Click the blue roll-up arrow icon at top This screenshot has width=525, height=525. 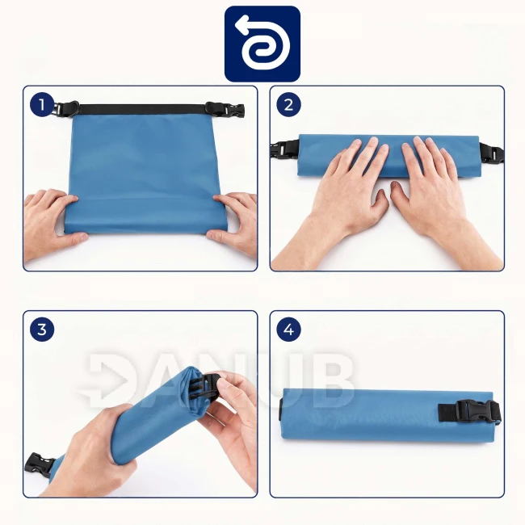pyautogui.click(x=262, y=44)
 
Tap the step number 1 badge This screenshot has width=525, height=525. pyautogui.click(x=42, y=104)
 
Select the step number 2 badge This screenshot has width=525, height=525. pyautogui.click(x=288, y=104)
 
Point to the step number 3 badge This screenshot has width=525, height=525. pyautogui.click(x=42, y=330)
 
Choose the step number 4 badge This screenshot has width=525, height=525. pyautogui.click(x=288, y=330)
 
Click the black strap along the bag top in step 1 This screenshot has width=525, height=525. pyautogui.click(x=142, y=109)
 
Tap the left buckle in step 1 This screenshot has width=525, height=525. pyautogui.click(x=65, y=109)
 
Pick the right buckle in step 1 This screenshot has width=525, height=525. pyautogui.click(x=225, y=109)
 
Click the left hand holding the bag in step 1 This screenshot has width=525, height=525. pyautogui.click(x=53, y=223)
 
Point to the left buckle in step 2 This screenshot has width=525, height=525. pyautogui.click(x=284, y=149)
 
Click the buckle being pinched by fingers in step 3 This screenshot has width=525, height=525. pyautogui.click(x=205, y=388)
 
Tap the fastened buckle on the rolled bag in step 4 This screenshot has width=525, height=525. pyautogui.click(x=469, y=412)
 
